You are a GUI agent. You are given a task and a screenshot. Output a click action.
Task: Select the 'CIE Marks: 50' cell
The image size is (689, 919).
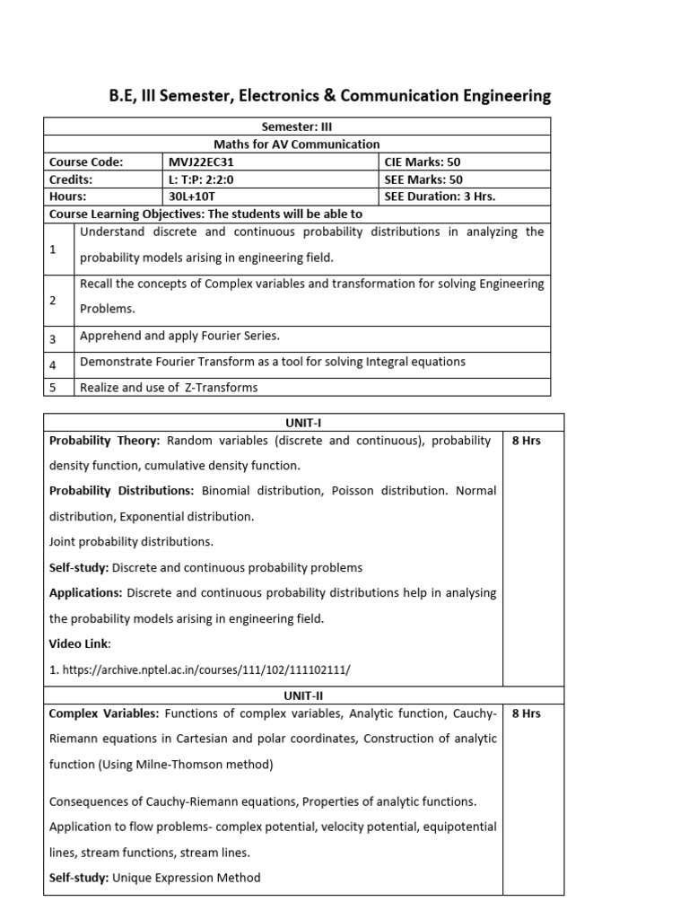(x=422, y=162)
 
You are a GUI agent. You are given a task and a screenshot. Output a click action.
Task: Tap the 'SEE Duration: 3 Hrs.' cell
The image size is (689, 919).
(x=440, y=196)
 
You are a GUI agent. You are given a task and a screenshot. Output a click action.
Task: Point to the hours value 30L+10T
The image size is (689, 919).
(x=192, y=196)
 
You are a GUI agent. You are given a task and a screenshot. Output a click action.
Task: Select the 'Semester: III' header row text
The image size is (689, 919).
(x=297, y=127)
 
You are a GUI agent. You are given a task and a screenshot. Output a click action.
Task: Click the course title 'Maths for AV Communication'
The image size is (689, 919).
(x=297, y=144)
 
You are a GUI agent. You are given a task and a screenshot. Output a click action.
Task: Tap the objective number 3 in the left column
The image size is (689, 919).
(x=53, y=339)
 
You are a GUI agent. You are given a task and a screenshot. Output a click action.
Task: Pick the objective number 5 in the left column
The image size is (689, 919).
(x=53, y=388)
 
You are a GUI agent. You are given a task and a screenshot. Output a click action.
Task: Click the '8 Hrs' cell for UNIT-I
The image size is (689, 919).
(x=526, y=441)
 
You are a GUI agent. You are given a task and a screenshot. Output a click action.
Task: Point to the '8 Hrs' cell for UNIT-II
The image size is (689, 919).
(x=526, y=713)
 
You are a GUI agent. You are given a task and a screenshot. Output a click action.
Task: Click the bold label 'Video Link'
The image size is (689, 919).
(x=79, y=644)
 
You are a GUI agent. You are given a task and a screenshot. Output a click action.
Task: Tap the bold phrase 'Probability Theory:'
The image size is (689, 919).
(x=105, y=441)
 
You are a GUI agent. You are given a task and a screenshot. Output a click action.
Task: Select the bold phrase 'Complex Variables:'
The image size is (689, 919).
(x=104, y=713)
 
